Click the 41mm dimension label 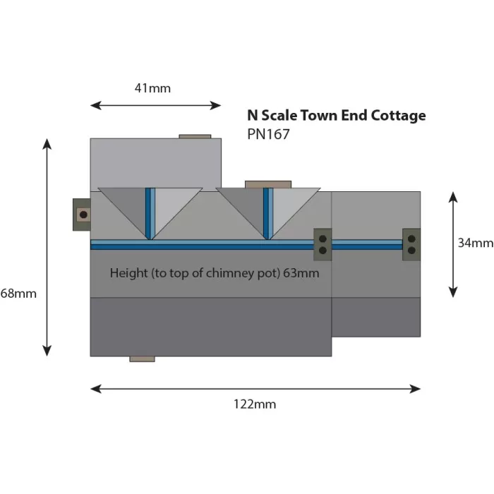pos(152,89)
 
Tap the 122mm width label pos(254,404)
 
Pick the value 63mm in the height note pos(300,272)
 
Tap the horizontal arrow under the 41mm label pos(156,105)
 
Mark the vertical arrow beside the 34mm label pos(453,244)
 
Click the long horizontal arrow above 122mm pos(255,388)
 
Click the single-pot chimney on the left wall pos(82,214)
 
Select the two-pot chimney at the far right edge pos(411,243)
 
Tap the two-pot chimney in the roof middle pos(323,243)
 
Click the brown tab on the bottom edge pos(142,359)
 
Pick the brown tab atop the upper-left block pos(195,136)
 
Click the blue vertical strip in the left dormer pos(150,212)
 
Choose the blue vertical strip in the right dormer pos(267,212)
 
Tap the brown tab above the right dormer pos(267,184)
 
